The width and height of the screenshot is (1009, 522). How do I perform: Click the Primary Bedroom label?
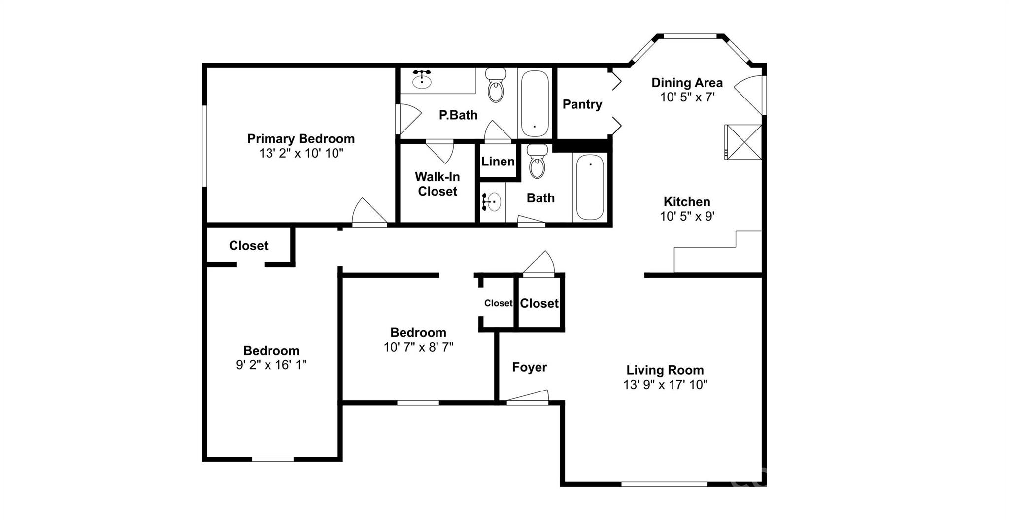coord(301,139)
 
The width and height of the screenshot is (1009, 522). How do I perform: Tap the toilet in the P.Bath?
coord(496,85)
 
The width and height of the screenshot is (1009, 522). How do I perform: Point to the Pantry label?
coord(582,104)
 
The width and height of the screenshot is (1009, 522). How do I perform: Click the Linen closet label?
coord(498,162)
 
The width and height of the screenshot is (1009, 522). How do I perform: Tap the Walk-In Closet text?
coord(437,184)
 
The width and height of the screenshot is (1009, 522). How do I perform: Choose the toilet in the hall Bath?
coord(537,161)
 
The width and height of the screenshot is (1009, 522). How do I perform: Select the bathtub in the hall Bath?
coord(590,187)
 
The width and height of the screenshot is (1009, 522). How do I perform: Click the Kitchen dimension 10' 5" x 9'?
coord(687,216)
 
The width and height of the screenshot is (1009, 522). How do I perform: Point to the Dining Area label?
coord(687,83)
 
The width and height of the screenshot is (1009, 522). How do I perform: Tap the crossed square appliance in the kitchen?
coord(743,142)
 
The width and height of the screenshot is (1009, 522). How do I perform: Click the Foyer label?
coord(530,367)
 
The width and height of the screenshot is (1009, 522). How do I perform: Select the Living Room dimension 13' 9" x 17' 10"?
coord(666,385)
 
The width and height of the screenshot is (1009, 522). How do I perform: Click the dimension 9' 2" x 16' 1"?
coord(271,365)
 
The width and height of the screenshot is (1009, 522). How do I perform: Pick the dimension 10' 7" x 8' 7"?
coord(419,347)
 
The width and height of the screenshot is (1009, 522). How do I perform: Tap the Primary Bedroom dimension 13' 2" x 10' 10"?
coord(301,153)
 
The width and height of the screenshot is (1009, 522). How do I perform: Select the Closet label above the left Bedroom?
coord(249,246)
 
